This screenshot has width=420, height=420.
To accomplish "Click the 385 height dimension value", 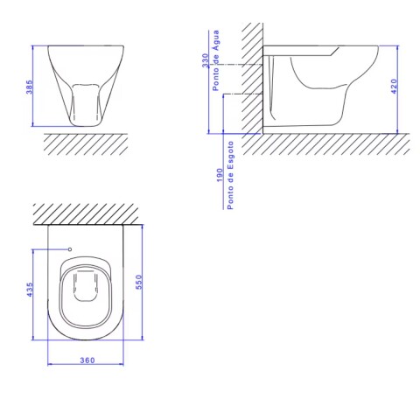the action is pos(30,87).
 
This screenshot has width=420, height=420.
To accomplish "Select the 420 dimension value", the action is pos(394,87).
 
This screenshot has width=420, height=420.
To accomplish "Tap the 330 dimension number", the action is pos(206,60).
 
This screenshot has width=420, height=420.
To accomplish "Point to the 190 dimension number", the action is pos(220,175).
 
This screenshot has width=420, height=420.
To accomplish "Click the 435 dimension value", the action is pos(30,290).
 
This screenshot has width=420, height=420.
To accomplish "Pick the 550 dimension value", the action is pos(139,282).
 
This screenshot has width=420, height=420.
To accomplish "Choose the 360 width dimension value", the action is pos(87,360).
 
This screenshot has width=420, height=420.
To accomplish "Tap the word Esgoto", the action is pos(230,156).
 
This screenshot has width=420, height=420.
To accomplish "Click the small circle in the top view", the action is pos(70,249).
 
